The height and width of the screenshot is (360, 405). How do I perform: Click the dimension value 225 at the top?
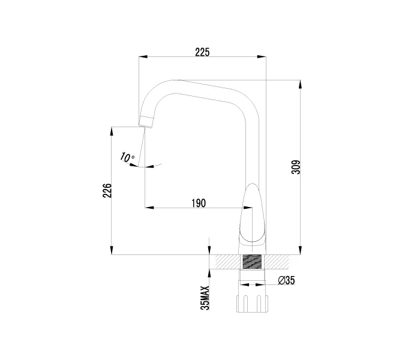[202, 52]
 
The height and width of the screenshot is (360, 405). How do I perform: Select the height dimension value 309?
[295, 167]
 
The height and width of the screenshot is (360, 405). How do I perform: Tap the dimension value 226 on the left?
[107, 190]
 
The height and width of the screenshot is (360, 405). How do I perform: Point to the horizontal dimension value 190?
[199, 203]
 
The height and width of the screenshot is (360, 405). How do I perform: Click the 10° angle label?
[127, 158]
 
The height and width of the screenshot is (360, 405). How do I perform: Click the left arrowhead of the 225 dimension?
[143, 58]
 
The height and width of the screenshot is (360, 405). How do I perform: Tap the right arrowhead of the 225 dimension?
[262, 58]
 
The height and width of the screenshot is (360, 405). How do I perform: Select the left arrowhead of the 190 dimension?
[149, 208]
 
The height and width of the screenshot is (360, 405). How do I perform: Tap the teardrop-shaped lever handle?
[253, 216]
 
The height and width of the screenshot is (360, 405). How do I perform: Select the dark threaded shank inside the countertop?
[252, 262]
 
